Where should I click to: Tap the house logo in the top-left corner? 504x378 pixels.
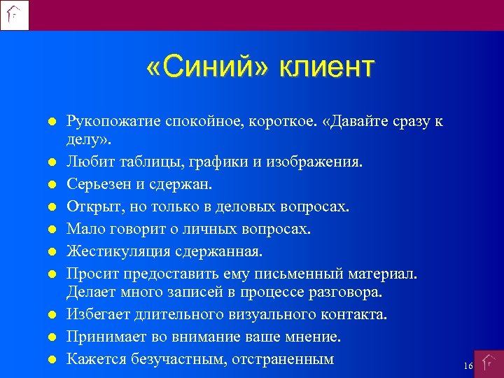(15, 15)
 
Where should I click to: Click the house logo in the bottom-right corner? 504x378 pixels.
(489, 364)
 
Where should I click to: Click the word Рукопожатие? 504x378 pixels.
(112, 121)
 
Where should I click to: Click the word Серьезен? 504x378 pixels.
(97, 185)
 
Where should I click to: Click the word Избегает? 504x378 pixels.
(97, 315)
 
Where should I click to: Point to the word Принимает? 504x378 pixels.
(103, 337)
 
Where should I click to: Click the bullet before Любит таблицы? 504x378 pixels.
(52, 163)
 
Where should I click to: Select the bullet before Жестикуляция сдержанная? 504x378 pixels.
(52, 251)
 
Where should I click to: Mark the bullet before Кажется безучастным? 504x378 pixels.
(52, 360)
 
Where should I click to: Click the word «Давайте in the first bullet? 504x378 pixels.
(338, 121)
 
